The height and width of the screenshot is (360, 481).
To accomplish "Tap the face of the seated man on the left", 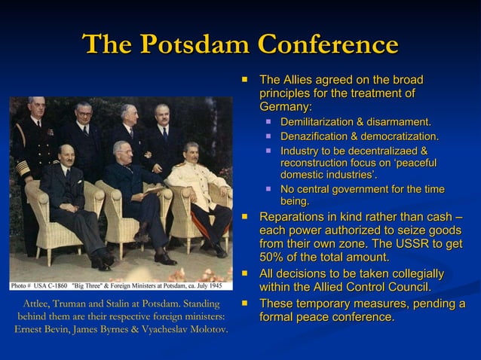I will pos(68,154).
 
